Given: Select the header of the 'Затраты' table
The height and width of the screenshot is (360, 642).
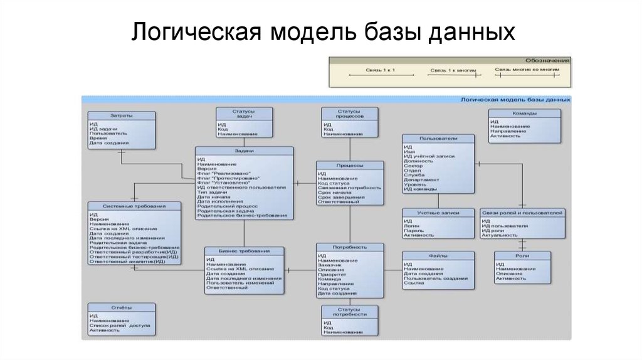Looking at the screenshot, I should [121, 116].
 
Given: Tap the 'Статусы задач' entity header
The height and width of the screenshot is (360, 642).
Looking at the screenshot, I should [245, 113].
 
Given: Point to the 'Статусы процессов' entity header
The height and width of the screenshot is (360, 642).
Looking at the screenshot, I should [350, 113].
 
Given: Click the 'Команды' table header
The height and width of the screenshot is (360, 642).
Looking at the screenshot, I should [524, 114].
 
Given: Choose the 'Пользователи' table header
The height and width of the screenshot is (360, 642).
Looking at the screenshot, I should [438, 137].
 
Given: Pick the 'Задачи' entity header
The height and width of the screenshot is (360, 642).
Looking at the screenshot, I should [244, 151].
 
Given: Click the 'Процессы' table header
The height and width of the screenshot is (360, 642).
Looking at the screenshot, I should [349, 165].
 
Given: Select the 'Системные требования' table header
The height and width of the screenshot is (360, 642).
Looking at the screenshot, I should [134, 206].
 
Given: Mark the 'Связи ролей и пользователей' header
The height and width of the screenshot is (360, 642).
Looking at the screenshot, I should [522, 213].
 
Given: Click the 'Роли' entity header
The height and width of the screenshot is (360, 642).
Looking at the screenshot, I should [522, 256].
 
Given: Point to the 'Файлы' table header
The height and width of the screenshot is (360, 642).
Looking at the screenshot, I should [438, 256].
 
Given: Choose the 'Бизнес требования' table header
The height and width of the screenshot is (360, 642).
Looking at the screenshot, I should [244, 251].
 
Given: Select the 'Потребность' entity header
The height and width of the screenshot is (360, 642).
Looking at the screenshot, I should [350, 247].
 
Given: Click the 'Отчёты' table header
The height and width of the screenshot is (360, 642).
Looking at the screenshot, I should [121, 307].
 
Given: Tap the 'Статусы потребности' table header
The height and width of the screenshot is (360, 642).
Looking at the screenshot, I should [350, 311].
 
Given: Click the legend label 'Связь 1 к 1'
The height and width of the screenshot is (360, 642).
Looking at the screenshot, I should [382, 70].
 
